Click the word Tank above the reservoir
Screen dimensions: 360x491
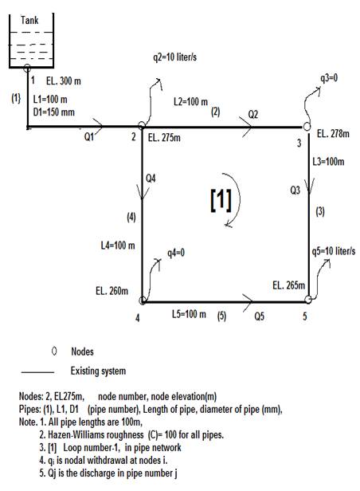pyautogui.click(x=29, y=21)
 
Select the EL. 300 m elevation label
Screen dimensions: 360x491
pyautogui.click(x=64, y=81)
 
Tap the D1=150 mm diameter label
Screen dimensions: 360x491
pyautogui.click(x=54, y=112)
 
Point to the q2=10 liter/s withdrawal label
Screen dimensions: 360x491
pyautogui.click(x=175, y=57)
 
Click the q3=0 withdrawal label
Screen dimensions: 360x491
pyautogui.click(x=329, y=77)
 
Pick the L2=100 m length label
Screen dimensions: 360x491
pyautogui.click(x=190, y=101)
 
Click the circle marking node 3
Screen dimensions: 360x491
pyautogui.click(x=307, y=127)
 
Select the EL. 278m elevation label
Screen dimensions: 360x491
pyautogui.click(x=333, y=134)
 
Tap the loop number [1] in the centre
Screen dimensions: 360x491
pyautogui.click(x=221, y=199)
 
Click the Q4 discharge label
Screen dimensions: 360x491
pyautogui.click(x=151, y=179)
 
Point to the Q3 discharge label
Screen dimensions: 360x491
pyautogui.click(x=295, y=190)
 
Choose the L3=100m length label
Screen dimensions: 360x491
pyautogui.click(x=328, y=162)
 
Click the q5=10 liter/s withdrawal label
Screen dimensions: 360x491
pyautogui.click(x=334, y=251)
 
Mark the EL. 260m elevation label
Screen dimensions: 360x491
pyautogui.click(x=112, y=291)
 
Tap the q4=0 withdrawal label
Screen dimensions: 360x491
pyautogui.click(x=176, y=253)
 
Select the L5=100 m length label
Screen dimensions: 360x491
pyautogui.click(x=189, y=314)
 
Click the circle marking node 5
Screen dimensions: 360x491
pyautogui.click(x=308, y=300)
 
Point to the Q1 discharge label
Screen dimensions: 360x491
pyautogui.click(x=89, y=137)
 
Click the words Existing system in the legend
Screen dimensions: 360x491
pyautogui.click(x=98, y=371)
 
